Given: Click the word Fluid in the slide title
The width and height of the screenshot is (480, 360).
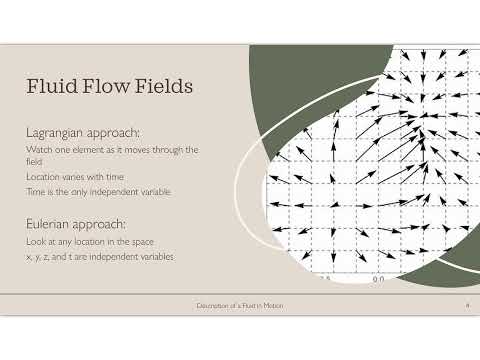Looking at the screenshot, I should coord(52,88).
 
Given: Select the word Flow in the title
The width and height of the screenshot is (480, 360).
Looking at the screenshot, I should coord(105,88).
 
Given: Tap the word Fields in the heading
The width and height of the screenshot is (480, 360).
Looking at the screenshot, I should coord(161,88).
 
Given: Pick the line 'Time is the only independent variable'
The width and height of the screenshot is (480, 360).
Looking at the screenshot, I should coord(96,190).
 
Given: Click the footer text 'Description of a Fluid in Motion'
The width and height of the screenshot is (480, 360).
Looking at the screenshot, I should coord(239,304).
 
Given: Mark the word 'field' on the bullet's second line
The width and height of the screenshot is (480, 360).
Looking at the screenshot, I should coord(33,161).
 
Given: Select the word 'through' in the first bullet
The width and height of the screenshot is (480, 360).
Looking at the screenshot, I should coord(172,149).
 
